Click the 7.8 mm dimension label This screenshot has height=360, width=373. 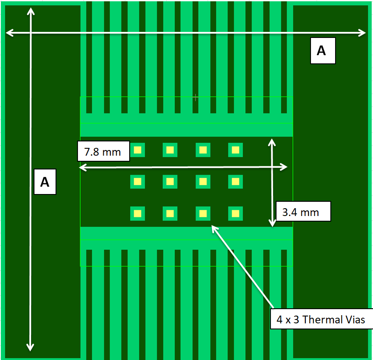(x=103, y=152)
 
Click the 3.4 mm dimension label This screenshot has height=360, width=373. (x=303, y=211)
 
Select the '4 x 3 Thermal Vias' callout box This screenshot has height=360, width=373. (x=321, y=319)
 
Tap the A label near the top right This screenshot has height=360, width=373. (x=323, y=51)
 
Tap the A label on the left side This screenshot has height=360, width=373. (x=45, y=182)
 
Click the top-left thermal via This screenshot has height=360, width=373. (x=137, y=150)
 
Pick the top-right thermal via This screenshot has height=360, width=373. (x=235, y=150)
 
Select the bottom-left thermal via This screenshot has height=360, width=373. (x=137, y=213)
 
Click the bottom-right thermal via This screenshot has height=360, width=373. (x=235, y=213)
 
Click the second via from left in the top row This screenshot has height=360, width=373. (x=170, y=150)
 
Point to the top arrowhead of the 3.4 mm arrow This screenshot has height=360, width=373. (x=272, y=141)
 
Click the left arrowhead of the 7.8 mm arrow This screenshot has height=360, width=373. (x=81, y=167)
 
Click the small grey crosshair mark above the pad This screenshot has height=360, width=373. (x=196, y=98)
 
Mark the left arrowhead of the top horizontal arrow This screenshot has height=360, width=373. (x=8, y=33)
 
